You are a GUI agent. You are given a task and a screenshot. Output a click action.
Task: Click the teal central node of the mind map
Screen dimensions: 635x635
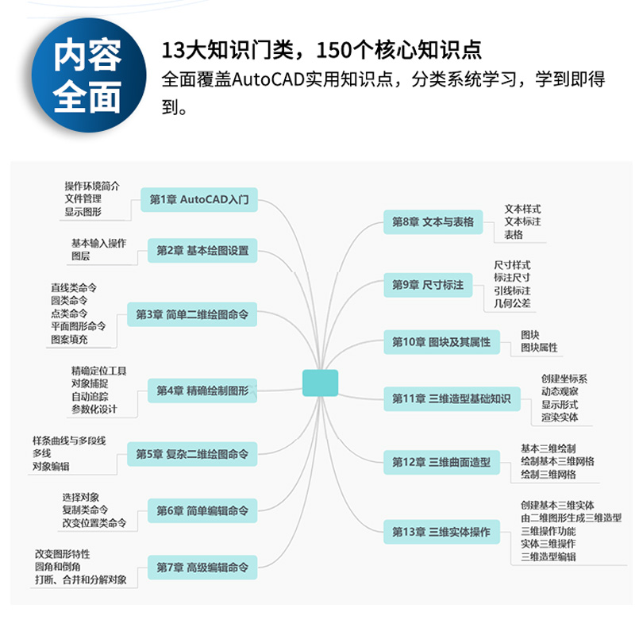pos(320,383)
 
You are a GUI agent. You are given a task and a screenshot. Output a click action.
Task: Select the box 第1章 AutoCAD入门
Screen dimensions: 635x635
pos(199,200)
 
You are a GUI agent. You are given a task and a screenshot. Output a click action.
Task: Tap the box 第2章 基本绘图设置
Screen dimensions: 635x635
pos(202,251)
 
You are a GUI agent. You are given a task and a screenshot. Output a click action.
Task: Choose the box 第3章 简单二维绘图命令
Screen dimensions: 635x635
pos(192,314)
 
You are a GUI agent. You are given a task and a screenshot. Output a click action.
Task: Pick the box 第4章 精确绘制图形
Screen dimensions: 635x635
pos(202,391)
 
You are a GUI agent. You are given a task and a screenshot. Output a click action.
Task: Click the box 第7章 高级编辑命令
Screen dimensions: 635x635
pos(202,568)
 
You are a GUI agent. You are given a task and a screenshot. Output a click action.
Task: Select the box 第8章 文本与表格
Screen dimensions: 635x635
pos(433,222)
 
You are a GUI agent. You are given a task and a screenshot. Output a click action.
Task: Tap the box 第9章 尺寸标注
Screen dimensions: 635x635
pos(428,284)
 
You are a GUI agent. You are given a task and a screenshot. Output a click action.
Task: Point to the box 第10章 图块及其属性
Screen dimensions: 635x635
pos(441,342)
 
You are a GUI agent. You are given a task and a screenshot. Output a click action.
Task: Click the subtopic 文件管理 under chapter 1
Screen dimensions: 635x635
pos(83,198)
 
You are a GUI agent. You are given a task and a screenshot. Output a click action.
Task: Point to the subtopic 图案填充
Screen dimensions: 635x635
pos(69,340)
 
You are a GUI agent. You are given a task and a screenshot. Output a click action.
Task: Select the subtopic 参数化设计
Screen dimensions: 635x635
pos(94,410)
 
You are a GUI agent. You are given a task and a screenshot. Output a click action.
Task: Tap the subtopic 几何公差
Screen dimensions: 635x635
pos(512,303)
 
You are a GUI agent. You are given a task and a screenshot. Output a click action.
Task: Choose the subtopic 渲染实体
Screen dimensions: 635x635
pos(560,418)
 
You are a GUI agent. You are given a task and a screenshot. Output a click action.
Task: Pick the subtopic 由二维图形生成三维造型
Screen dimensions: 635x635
pos(571,518)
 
